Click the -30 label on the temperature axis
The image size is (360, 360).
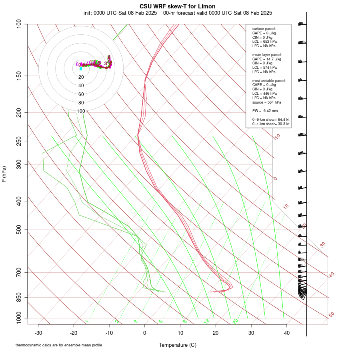pos(38,333)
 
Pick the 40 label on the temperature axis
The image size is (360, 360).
pos(286,333)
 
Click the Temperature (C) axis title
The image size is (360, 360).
pos(178,345)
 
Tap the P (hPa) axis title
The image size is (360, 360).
pos(4,174)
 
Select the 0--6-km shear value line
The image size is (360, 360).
pos(271,119)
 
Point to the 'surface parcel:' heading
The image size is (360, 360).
pos(264,29)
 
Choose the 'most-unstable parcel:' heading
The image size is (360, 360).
pos(269,80)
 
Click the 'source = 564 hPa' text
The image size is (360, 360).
pos(267,102)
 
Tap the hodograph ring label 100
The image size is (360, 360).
pos(81,111)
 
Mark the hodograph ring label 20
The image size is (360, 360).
pos(81,77)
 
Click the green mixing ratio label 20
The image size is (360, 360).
pos(235,321)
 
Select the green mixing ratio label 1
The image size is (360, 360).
pos(86,321)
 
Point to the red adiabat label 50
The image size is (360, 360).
pos(331,315)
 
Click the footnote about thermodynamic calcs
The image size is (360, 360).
pos(59,345)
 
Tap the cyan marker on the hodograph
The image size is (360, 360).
pos(81,68)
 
